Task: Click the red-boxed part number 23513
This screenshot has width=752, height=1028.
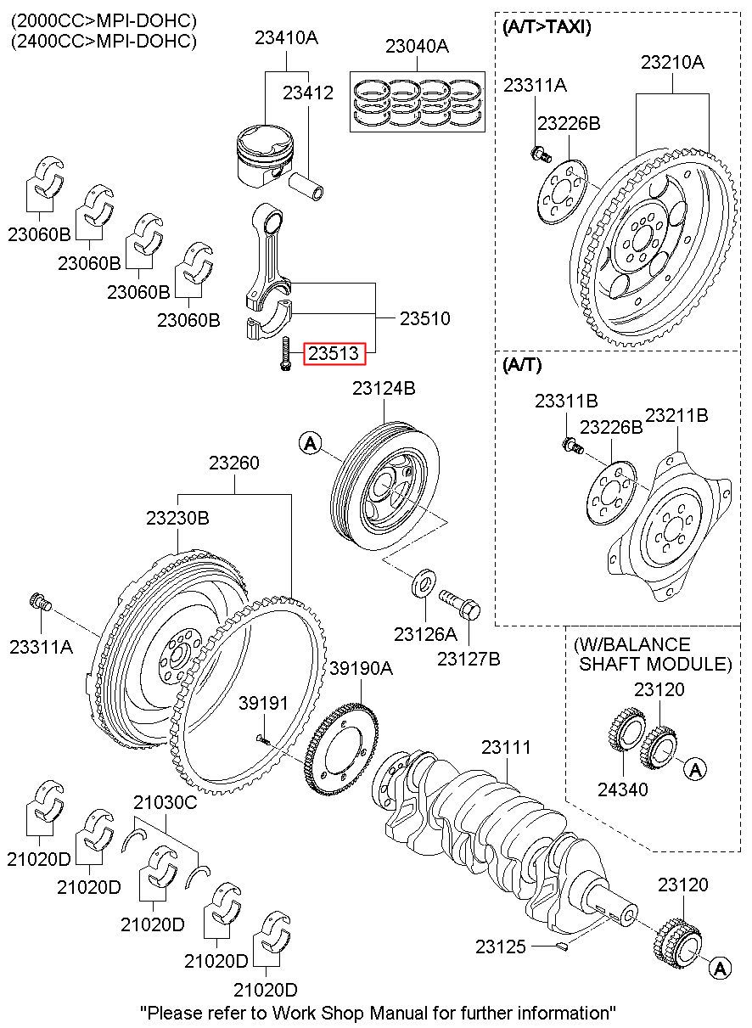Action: pos(334,352)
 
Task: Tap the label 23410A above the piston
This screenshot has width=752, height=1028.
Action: pos(286,37)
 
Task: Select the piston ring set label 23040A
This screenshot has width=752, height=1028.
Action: pos(417,47)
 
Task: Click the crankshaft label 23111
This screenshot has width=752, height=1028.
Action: pos(506,748)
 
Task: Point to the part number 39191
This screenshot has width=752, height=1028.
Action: pos(263,703)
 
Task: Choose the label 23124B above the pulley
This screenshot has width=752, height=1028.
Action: pos(384,389)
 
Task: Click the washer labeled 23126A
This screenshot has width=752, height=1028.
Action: pos(424,583)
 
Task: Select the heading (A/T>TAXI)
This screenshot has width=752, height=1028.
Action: pos(547,27)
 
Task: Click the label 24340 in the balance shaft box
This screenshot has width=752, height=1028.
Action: pos(622,789)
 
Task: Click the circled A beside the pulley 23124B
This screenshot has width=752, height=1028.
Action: pos(311,442)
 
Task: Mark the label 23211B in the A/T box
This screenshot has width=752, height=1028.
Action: pos(676,416)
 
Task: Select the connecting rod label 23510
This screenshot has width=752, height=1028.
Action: pos(424,318)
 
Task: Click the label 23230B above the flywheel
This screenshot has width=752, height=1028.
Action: pos(177,517)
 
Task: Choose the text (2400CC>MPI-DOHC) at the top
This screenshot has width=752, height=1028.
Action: pos(104,41)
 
